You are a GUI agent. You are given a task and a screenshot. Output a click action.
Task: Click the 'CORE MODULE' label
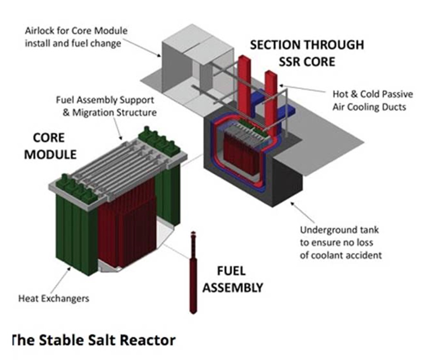coord(50,146)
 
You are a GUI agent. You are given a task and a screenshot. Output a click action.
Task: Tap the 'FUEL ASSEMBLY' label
coord(233,279)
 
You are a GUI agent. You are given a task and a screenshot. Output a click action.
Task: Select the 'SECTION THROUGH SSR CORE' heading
coord(306,52)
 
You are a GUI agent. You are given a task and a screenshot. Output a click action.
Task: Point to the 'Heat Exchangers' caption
coord(54,298)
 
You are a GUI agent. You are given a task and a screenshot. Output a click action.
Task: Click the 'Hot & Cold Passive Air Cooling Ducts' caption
coord(372,100)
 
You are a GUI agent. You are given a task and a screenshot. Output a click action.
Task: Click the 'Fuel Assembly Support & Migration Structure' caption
coord(106,106)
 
